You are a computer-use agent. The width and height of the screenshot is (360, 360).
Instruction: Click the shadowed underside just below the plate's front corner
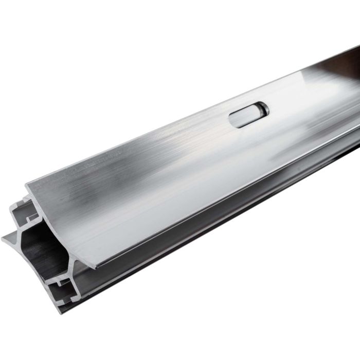coord(103,273)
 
